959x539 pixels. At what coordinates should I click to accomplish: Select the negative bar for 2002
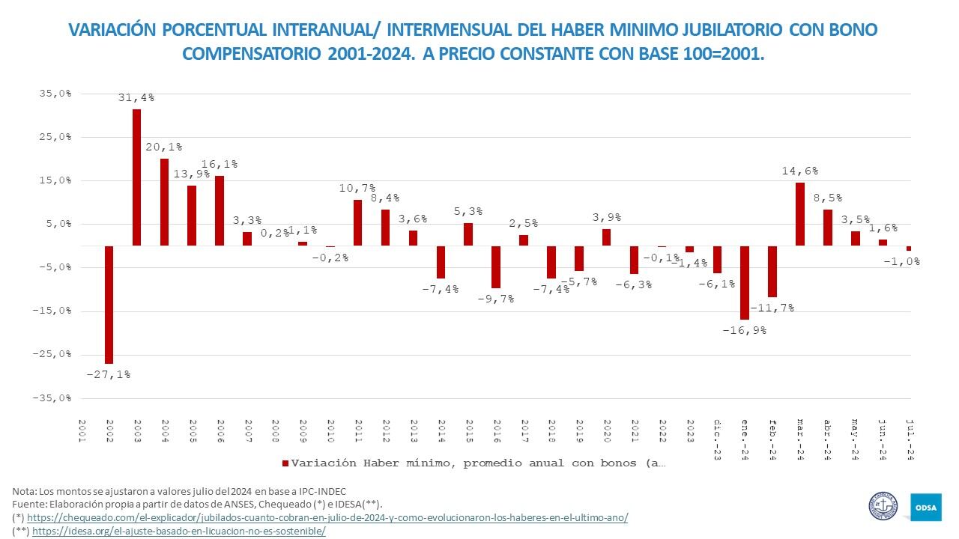pos(109,305)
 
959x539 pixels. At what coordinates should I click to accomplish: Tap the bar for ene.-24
pos(745,283)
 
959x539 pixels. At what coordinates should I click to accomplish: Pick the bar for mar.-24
pos(800,214)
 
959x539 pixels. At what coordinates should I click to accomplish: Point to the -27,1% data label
pos(109,374)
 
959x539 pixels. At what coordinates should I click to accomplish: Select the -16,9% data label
pos(744,329)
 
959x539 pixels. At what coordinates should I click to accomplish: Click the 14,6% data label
pos(799,171)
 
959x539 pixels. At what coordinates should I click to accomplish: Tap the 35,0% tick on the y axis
pos(56,94)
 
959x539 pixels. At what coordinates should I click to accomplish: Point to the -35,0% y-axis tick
pos(53,398)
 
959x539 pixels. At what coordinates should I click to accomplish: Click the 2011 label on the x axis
pos(357,431)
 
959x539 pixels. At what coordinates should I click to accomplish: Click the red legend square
pos(285,463)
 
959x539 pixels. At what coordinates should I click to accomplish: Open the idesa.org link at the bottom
pos(179,531)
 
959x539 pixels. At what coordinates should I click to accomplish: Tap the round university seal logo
pos(883,506)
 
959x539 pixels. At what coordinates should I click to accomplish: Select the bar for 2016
pos(496,267)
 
